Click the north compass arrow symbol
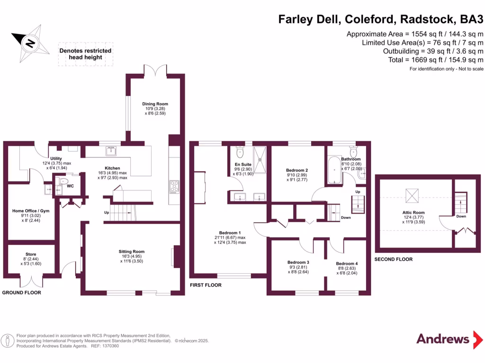(x=30, y=43)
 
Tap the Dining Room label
(x=155, y=104)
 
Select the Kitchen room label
(x=113, y=168)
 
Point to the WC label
(x=70, y=186)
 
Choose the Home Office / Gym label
(x=31, y=211)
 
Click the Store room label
(x=31, y=254)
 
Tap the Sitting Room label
(x=132, y=251)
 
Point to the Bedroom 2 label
(x=297, y=170)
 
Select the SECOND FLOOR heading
(x=393, y=259)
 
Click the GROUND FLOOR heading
(x=22, y=293)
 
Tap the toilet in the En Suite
(x=239, y=151)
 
